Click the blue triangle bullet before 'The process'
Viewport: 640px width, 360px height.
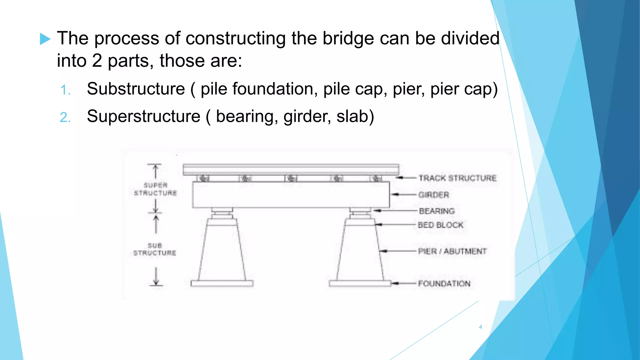coord(45,39)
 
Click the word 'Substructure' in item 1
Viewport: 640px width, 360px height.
coord(136,89)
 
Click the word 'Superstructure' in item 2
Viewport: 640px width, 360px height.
coord(143,116)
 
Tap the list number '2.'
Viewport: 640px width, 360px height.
coord(65,117)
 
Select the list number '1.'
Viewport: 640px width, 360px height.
coord(65,90)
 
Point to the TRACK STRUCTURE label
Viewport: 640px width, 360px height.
coord(457,178)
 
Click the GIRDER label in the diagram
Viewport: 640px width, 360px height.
coord(434,195)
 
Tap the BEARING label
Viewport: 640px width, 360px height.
coord(437,211)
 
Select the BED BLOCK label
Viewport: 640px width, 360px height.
coord(441,225)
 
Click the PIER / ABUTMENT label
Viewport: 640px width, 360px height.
coord(452,251)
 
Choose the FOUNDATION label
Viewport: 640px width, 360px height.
coord(444,283)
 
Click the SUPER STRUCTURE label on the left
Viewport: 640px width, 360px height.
coord(156,189)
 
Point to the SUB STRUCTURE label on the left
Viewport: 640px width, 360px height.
coord(155,249)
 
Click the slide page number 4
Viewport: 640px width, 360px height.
coord(480,327)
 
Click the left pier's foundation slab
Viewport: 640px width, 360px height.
coord(222,283)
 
